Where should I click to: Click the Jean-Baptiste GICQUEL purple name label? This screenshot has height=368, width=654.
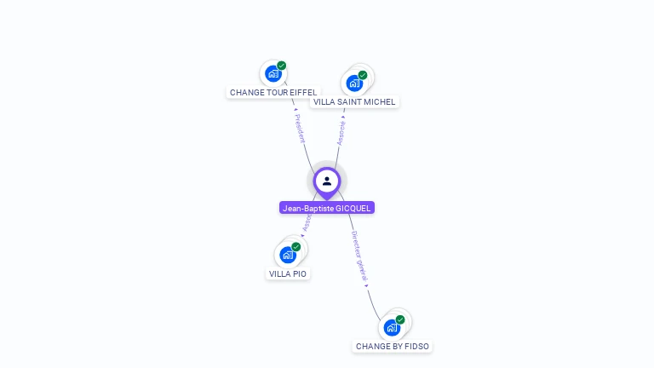click(x=327, y=208)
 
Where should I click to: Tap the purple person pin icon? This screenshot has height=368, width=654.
click(x=327, y=181)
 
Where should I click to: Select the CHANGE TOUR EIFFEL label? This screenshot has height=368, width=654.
click(x=273, y=92)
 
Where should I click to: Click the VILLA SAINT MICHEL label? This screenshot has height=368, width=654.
click(x=354, y=101)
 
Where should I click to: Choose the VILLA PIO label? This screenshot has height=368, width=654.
click(x=288, y=273)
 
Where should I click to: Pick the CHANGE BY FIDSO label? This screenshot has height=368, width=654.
click(x=393, y=346)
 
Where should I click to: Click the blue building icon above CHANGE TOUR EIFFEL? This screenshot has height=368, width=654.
click(x=272, y=73)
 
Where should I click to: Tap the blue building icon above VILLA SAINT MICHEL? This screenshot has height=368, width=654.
click(x=353, y=83)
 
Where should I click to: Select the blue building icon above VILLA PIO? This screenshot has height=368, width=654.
click(x=288, y=255)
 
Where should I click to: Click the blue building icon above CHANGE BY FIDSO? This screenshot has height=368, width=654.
click(x=392, y=327)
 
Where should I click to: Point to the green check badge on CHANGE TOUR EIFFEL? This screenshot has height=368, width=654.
click(x=282, y=66)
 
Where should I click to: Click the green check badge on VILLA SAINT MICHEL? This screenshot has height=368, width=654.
click(x=363, y=75)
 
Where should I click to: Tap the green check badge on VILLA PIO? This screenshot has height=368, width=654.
click(x=296, y=247)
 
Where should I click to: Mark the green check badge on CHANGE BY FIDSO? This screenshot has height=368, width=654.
click(x=400, y=319)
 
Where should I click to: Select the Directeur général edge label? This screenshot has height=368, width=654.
click(x=360, y=256)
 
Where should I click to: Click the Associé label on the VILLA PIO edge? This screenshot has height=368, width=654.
click(x=307, y=222)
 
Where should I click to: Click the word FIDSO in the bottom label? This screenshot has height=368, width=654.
click(x=416, y=346)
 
